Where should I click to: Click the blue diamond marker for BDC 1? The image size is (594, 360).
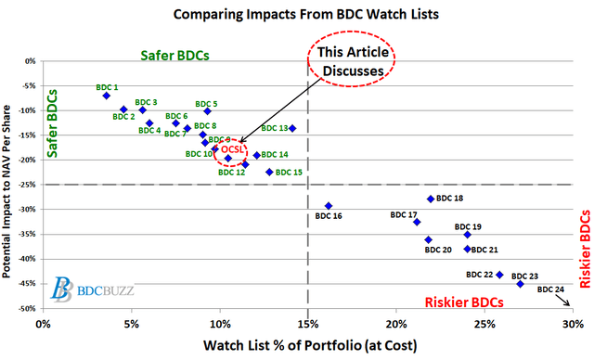tap(107, 96)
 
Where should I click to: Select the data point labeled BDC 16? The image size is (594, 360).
tap(329, 206)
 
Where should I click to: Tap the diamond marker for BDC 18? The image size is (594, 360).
tap(431, 199)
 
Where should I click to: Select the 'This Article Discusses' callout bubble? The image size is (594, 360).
tap(352, 62)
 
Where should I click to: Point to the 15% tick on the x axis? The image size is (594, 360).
tap(308, 324)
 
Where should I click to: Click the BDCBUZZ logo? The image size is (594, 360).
tap(92, 289)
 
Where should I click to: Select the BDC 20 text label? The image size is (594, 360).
tap(438, 250)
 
